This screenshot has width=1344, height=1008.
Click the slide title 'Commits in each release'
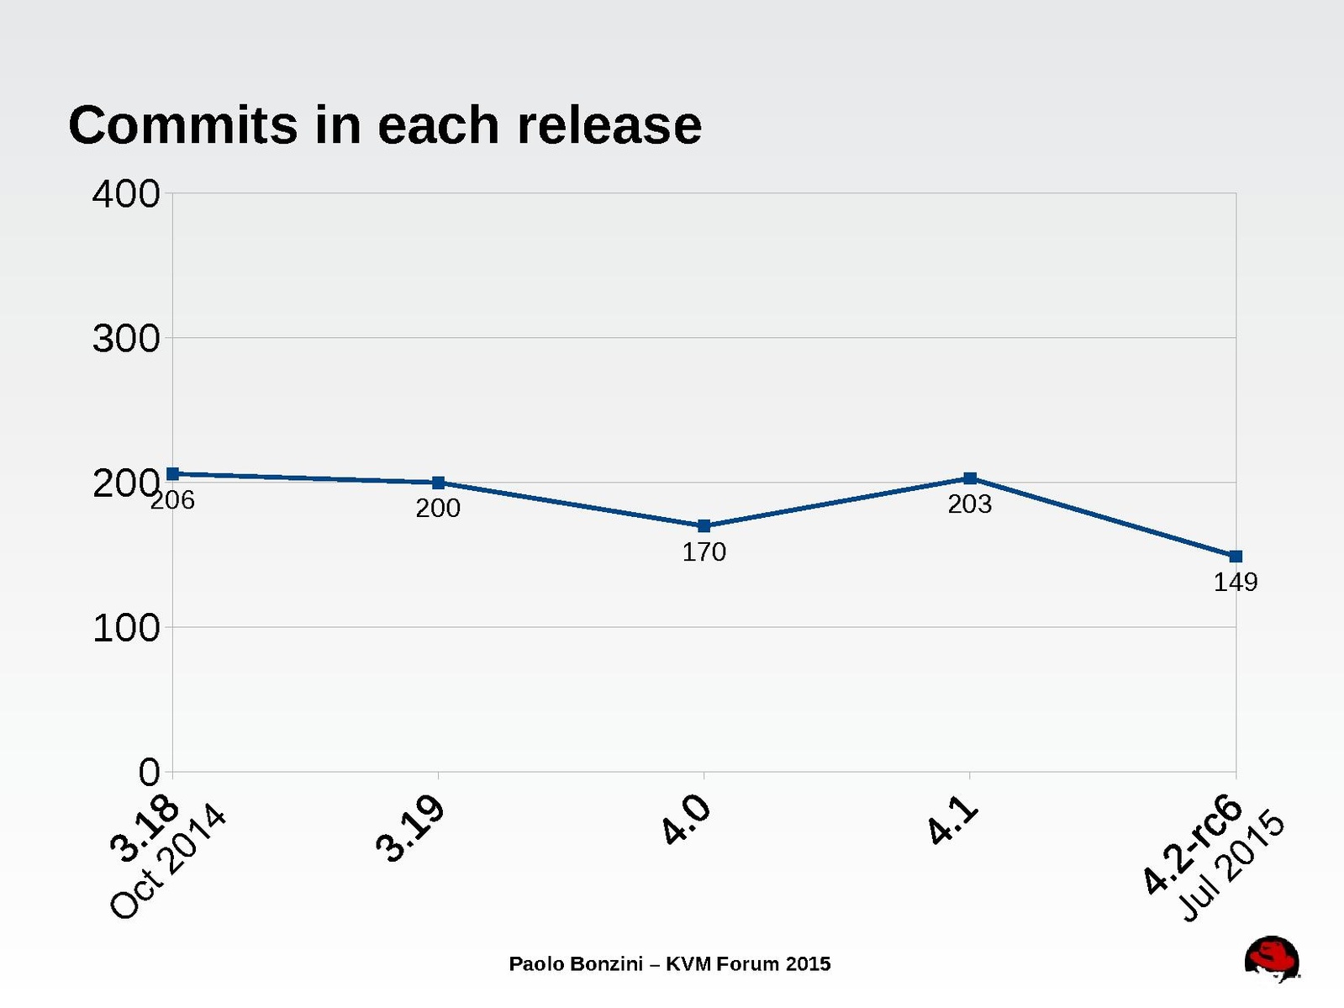tap(384, 125)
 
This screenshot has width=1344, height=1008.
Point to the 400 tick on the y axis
tap(126, 194)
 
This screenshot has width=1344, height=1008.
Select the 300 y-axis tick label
tap(126, 339)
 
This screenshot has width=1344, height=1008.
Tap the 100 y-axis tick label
tap(126, 628)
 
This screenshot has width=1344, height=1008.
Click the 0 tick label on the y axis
tap(149, 772)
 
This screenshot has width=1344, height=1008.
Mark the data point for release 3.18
tap(172, 474)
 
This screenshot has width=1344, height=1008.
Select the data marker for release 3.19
tap(438, 483)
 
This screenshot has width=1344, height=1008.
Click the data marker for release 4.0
tap(704, 526)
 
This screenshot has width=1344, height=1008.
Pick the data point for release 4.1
tap(970, 478)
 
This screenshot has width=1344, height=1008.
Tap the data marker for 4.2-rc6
tap(1236, 557)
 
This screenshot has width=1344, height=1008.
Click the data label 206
tap(172, 500)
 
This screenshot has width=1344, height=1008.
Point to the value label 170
tap(704, 552)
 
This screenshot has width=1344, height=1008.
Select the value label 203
tap(970, 504)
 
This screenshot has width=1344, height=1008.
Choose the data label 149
tap(1236, 582)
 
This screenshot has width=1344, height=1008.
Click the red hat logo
tap(1271, 958)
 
